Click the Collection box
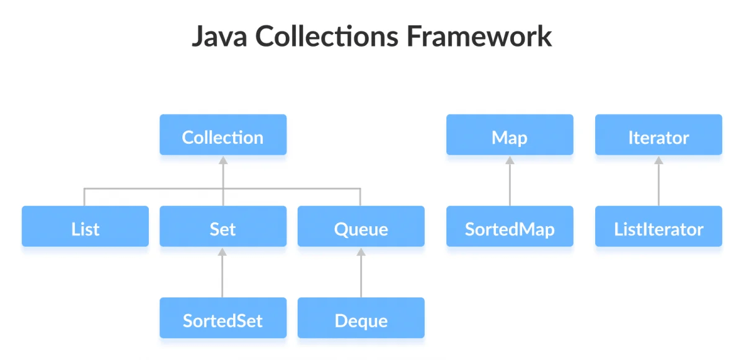[x=223, y=134]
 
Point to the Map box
[x=510, y=134]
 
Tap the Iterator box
[x=658, y=134]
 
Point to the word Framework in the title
[x=479, y=37]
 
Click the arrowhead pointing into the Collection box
[x=223, y=159]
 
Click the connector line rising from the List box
[x=85, y=196]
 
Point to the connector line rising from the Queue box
[x=361, y=196]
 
